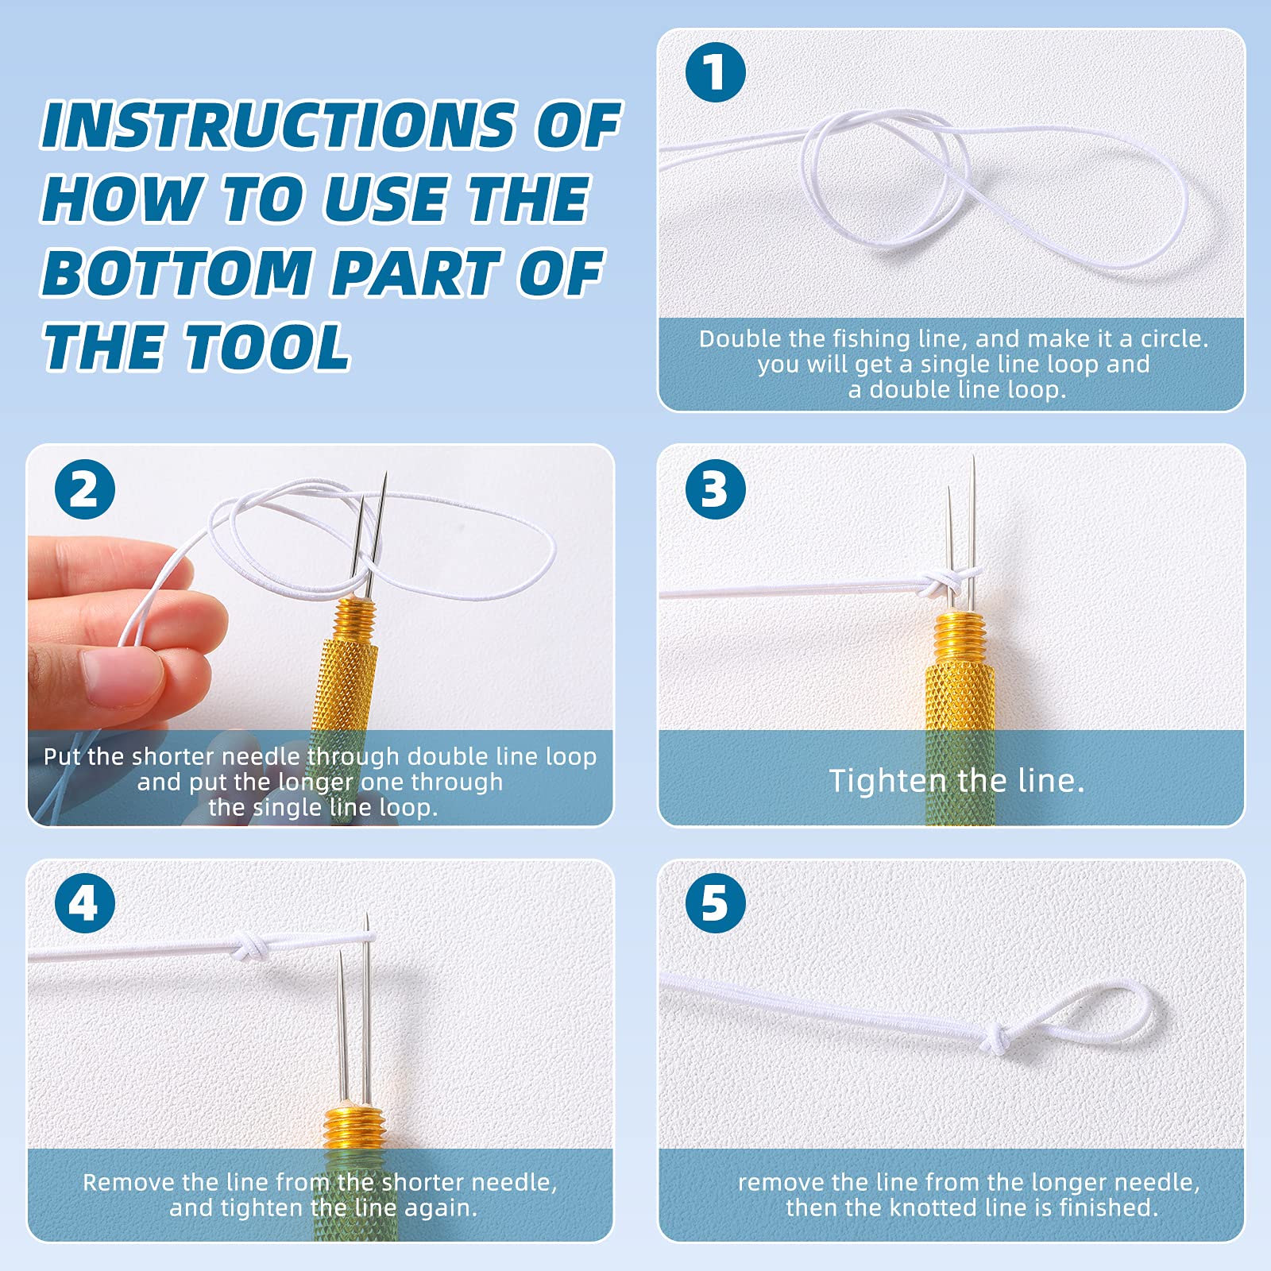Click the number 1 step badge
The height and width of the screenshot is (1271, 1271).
pyautogui.click(x=715, y=72)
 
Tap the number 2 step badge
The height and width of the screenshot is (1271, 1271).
pyautogui.click(x=85, y=489)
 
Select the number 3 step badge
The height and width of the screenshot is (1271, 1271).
pyautogui.click(x=715, y=489)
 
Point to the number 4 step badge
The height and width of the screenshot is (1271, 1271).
pyautogui.click(x=85, y=903)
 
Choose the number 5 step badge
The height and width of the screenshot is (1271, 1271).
pyautogui.click(x=715, y=903)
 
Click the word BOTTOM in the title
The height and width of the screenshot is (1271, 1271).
pyautogui.click(x=176, y=273)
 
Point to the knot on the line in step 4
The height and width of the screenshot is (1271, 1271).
pyautogui.click(x=248, y=947)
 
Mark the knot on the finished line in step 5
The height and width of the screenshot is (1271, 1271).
pyautogui.click(x=999, y=1037)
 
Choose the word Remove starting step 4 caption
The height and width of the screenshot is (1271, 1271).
pyautogui.click(x=129, y=1183)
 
